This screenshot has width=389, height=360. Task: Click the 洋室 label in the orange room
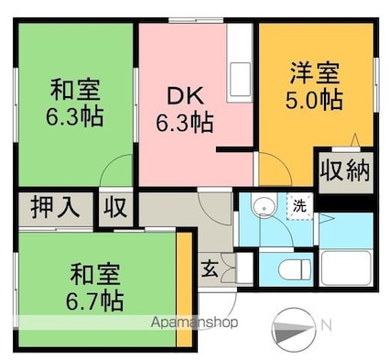point(317,71)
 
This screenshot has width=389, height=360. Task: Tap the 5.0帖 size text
point(317,99)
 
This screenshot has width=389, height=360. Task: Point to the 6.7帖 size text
point(97,299)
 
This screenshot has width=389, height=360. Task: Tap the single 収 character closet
point(114,207)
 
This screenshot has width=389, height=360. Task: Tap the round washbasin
point(263,208)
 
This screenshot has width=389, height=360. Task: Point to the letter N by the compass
point(326,324)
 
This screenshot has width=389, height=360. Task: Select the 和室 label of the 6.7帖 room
point(97,272)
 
